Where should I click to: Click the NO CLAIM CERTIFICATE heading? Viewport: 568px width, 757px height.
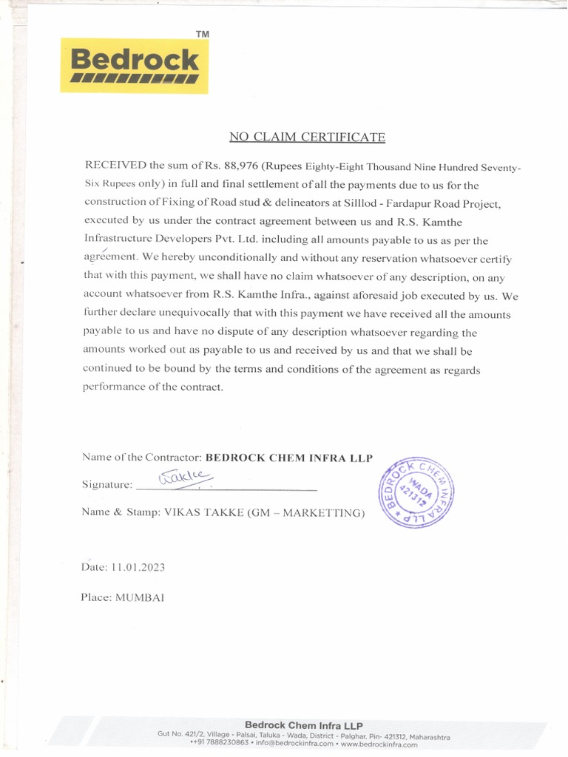[307, 137]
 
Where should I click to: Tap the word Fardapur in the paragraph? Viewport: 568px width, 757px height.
[413, 203]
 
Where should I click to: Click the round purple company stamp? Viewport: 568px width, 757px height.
[416, 488]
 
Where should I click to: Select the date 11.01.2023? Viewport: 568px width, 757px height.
[138, 568]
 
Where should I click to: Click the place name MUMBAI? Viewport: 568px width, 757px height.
[140, 597]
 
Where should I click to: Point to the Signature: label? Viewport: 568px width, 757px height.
[107, 485]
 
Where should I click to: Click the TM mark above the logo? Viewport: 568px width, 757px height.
[202, 35]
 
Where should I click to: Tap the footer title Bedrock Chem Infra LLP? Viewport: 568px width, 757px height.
[303, 725]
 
